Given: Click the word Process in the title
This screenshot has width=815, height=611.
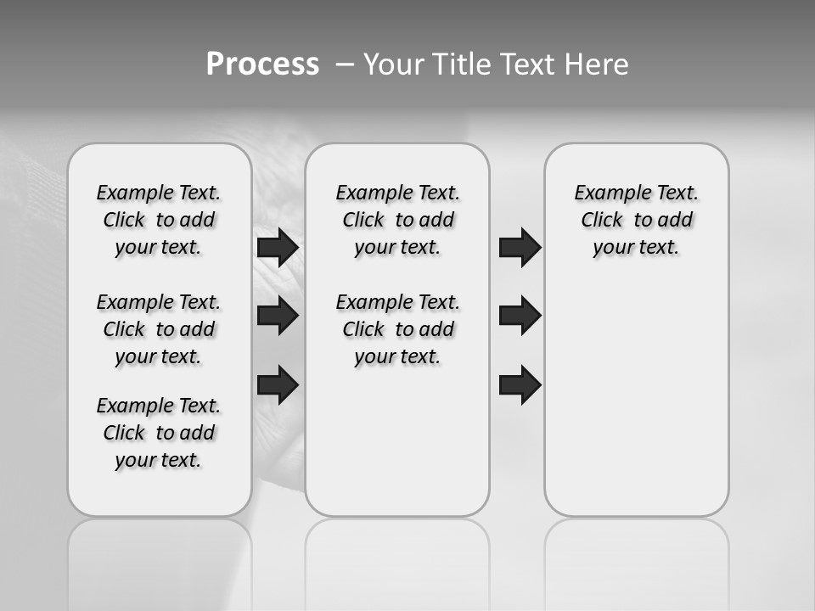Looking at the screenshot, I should pyautogui.click(x=262, y=64).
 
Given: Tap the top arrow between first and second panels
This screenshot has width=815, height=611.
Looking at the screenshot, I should pyautogui.click(x=278, y=248).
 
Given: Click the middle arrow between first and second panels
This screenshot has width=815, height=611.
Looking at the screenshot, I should pyautogui.click(x=278, y=316).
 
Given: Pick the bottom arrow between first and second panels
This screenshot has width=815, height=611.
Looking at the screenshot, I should pyautogui.click(x=278, y=384).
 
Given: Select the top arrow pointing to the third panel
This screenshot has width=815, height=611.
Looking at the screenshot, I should pyautogui.click(x=520, y=248).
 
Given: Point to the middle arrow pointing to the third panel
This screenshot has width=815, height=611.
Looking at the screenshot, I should pyautogui.click(x=520, y=316).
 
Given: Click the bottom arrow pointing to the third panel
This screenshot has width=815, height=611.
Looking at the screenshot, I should pyautogui.click(x=520, y=384).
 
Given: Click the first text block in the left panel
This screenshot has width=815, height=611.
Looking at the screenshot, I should pyautogui.click(x=159, y=220).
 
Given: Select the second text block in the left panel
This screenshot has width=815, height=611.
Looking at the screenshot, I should pyautogui.click(x=159, y=329).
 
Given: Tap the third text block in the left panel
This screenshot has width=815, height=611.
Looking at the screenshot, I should pyautogui.click(x=159, y=433).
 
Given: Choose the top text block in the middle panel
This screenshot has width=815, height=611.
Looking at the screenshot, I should pyautogui.click(x=397, y=220).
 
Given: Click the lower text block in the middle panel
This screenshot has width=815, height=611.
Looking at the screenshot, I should pyautogui.click(x=397, y=329).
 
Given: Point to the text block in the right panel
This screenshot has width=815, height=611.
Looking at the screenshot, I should pyautogui.click(x=636, y=220).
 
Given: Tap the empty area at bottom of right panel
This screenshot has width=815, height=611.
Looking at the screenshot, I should pyautogui.click(x=636, y=424).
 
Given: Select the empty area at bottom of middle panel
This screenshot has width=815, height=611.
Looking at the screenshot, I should pyautogui.click(x=397, y=450).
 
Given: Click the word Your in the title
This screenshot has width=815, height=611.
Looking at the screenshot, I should pyautogui.click(x=392, y=64).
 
